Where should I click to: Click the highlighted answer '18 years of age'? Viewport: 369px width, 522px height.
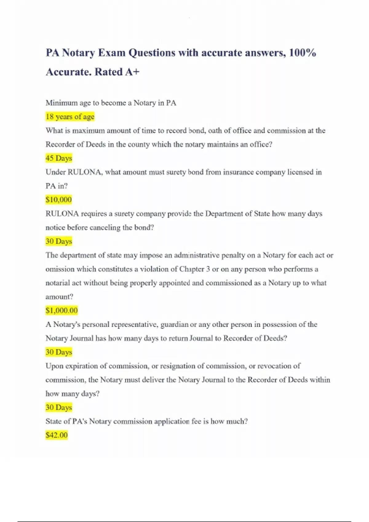point(70,117)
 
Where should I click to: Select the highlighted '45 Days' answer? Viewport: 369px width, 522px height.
point(58,158)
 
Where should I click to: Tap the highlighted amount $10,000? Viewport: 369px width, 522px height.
point(58,200)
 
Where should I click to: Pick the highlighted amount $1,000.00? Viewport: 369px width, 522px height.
point(61,310)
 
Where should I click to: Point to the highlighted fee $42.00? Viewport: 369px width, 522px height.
point(56,435)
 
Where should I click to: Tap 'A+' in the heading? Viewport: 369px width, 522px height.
point(132,72)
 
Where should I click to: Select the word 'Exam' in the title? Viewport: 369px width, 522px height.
point(112,53)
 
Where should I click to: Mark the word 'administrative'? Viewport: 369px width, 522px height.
point(196,255)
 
